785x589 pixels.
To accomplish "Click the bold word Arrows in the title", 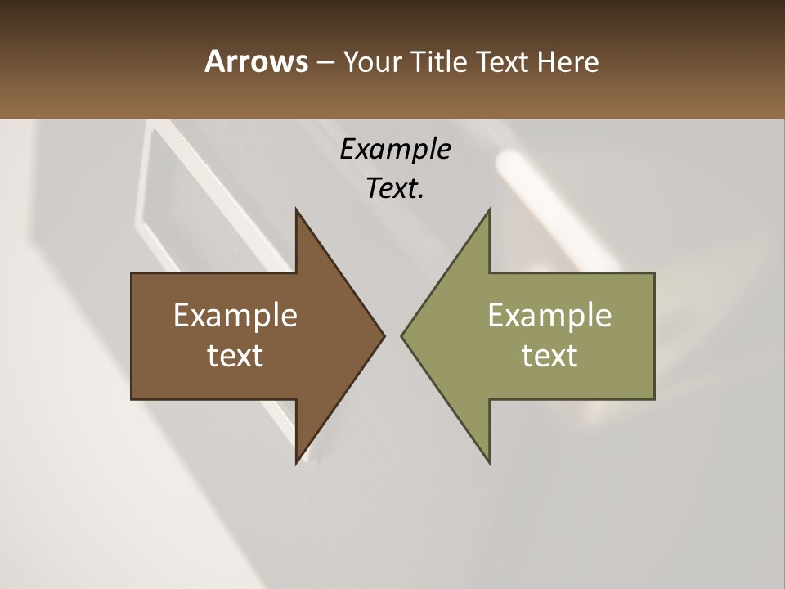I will [255, 61].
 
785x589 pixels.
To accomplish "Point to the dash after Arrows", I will [325, 62].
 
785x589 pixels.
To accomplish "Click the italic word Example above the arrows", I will [395, 149].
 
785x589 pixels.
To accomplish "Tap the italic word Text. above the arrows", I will [395, 188].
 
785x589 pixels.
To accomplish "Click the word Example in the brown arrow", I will [235, 316].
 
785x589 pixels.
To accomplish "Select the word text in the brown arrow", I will [235, 356].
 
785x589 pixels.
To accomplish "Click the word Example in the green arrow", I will [549, 316].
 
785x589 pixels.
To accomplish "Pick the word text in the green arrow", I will [549, 356].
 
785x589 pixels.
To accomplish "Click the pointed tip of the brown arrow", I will [384, 335].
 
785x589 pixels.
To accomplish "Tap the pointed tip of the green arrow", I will [402, 335].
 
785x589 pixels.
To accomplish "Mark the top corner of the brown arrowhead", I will [297, 210].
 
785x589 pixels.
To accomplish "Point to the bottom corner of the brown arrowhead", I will [297, 462].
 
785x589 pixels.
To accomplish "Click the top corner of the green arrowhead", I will [489, 210].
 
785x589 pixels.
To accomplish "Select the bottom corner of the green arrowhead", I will [489, 462].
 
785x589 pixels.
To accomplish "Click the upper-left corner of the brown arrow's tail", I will [132, 274].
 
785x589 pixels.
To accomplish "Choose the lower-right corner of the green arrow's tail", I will [653, 398].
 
